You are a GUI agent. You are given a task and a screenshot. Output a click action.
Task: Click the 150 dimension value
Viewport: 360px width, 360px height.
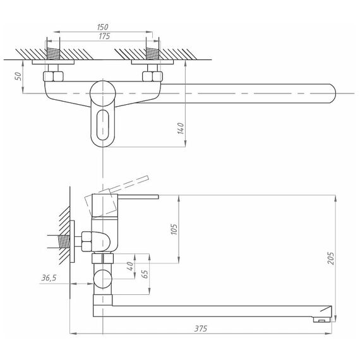tap(102, 27)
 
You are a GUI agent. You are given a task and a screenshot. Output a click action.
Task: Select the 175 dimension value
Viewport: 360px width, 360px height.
tap(104, 36)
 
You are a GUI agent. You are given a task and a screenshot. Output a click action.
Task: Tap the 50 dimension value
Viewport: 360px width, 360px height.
tap(18, 76)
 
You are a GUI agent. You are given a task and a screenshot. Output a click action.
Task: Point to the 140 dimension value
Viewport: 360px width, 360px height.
tap(181, 128)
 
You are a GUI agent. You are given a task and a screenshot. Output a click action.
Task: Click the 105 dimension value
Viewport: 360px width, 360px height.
tap(174, 229)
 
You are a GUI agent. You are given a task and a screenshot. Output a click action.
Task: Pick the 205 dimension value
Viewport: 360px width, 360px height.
tap(330, 258)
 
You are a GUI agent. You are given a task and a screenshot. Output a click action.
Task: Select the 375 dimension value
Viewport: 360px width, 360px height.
tap(201, 328)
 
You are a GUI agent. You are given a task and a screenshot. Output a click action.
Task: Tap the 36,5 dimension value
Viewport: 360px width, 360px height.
tap(49, 278)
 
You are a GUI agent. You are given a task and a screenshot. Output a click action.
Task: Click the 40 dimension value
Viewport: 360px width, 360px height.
tap(130, 266)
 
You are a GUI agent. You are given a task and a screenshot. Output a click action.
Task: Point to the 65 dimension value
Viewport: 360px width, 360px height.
tap(145, 274)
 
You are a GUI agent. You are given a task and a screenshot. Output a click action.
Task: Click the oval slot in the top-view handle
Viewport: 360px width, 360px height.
tap(102, 125)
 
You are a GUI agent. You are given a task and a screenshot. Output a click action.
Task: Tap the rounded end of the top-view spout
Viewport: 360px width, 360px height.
tap(332, 93)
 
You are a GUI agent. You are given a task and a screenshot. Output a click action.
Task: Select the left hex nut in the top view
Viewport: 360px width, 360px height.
tap(53, 76)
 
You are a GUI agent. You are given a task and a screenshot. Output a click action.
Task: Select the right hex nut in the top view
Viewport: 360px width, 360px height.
tap(152, 76)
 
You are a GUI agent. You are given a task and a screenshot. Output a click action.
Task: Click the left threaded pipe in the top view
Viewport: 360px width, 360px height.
tap(53, 54)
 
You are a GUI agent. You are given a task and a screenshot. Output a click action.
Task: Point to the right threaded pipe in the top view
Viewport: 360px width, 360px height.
tap(152, 54)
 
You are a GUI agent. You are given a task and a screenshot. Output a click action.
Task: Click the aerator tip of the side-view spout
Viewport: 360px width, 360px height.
tap(321, 320)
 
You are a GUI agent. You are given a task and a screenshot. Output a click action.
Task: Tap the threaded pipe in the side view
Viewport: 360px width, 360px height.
tap(65, 241)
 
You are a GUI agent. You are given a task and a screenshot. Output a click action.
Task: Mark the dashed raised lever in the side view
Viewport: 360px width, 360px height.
tap(129, 184)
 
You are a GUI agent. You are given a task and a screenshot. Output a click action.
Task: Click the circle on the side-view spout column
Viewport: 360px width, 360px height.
tap(102, 279)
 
